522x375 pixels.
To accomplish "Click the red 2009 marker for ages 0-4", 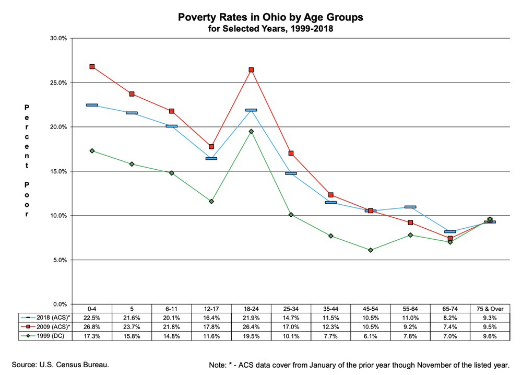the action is pyautogui.click(x=92, y=67).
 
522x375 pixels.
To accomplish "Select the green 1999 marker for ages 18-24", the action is pyautogui.click(x=252, y=132).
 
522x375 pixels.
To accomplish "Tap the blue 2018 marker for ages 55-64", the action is pyautogui.click(x=410, y=207).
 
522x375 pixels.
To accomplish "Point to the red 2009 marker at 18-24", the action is pyautogui.click(x=252, y=70).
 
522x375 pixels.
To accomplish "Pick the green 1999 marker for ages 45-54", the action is pyautogui.click(x=371, y=250).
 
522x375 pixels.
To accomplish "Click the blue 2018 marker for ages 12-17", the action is pyautogui.click(x=211, y=159).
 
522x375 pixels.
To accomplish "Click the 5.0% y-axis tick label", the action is pyautogui.click(x=60, y=260).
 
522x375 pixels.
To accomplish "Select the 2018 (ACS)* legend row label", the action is pyautogui.click(x=53, y=318).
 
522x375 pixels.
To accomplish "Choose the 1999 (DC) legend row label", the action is pyautogui.click(x=50, y=336).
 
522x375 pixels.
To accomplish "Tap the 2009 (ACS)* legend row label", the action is pyautogui.click(x=53, y=327).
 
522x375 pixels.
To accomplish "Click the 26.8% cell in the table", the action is pyautogui.click(x=92, y=327).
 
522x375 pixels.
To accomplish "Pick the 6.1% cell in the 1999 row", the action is pyautogui.click(x=371, y=336).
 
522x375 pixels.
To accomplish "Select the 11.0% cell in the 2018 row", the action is pyautogui.click(x=410, y=318).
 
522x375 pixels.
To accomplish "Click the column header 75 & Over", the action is pyautogui.click(x=490, y=309).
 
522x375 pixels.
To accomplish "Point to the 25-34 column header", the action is pyautogui.click(x=291, y=309).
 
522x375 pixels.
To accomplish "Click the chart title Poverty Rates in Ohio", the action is pyautogui.click(x=270, y=17).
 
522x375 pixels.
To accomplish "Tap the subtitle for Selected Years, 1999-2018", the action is pyautogui.click(x=270, y=29).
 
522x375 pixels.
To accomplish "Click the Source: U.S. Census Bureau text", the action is pyautogui.click(x=60, y=365).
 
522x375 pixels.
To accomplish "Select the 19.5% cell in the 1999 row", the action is pyautogui.click(x=252, y=336).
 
